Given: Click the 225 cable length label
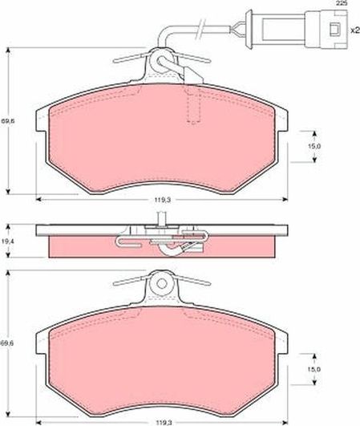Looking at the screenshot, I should click(342, 5).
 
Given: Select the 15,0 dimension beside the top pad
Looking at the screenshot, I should click(316, 146).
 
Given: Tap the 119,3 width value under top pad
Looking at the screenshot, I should click(162, 200).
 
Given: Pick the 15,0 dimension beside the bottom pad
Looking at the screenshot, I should click(316, 368).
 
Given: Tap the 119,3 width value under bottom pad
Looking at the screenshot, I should click(162, 420).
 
